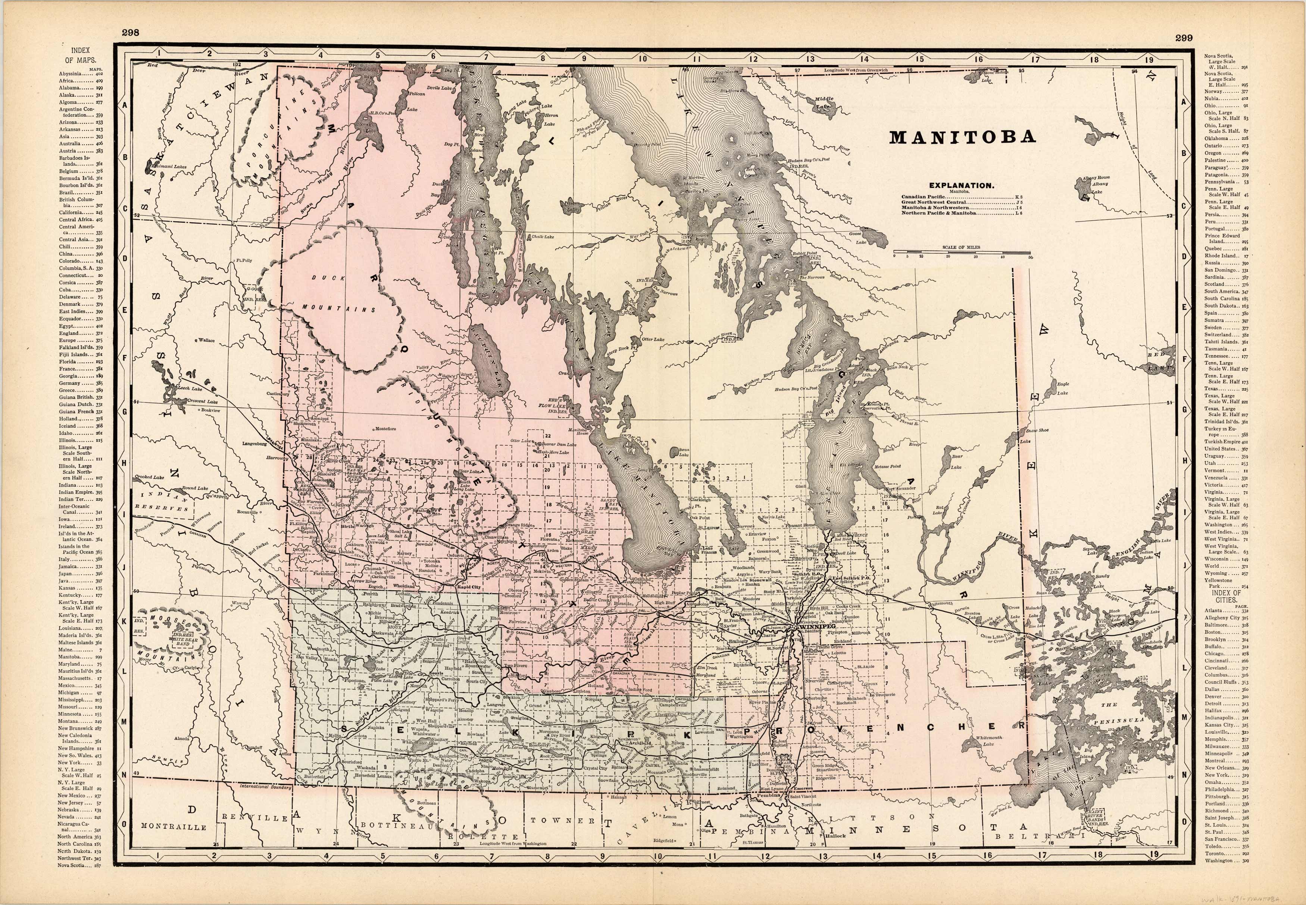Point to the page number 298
(x=131, y=33)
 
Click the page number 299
(x=1184, y=38)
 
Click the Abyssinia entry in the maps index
(x=72, y=74)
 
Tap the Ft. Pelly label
(x=244, y=261)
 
